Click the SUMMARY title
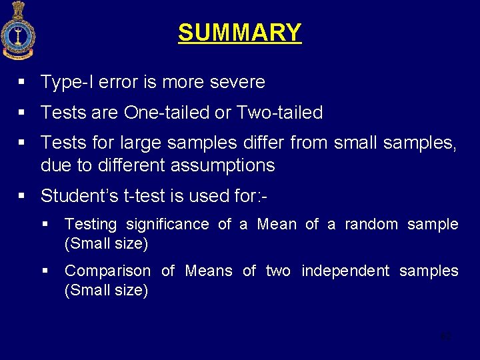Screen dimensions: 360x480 [x=239, y=33]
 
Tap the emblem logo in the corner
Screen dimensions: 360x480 [x=18, y=31]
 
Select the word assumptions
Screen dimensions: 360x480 [x=223, y=165]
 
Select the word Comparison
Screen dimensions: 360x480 [x=107, y=271]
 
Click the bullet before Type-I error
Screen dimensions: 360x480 [x=22, y=82]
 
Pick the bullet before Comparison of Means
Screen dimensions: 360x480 [x=45, y=271]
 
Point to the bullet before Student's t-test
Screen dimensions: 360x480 [x=22, y=196]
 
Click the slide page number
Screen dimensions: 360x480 [x=446, y=336]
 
